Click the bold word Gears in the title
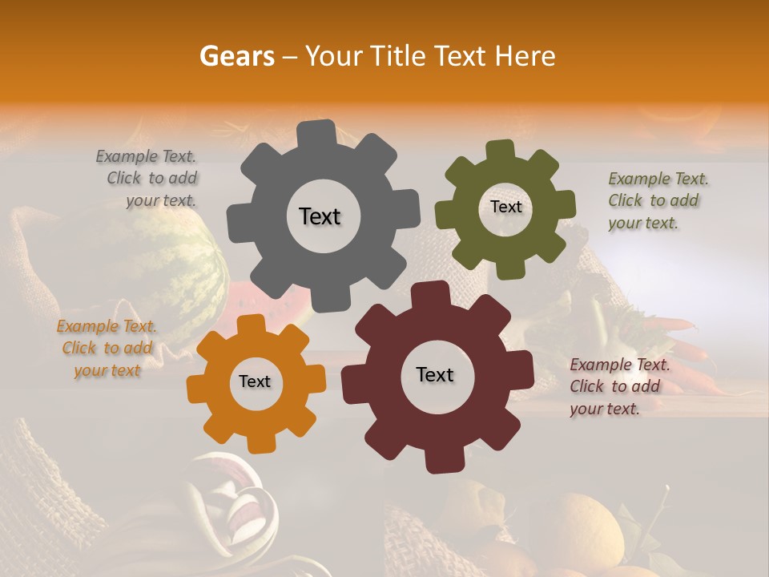pos(236,56)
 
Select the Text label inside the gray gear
pos(320,216)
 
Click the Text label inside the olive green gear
pos(505,207)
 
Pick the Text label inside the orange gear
pos(255,382)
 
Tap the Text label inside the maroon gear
pos(435,375)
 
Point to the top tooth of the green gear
pos(500,151)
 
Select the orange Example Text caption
pos(107,349)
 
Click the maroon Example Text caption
pos(618,386)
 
